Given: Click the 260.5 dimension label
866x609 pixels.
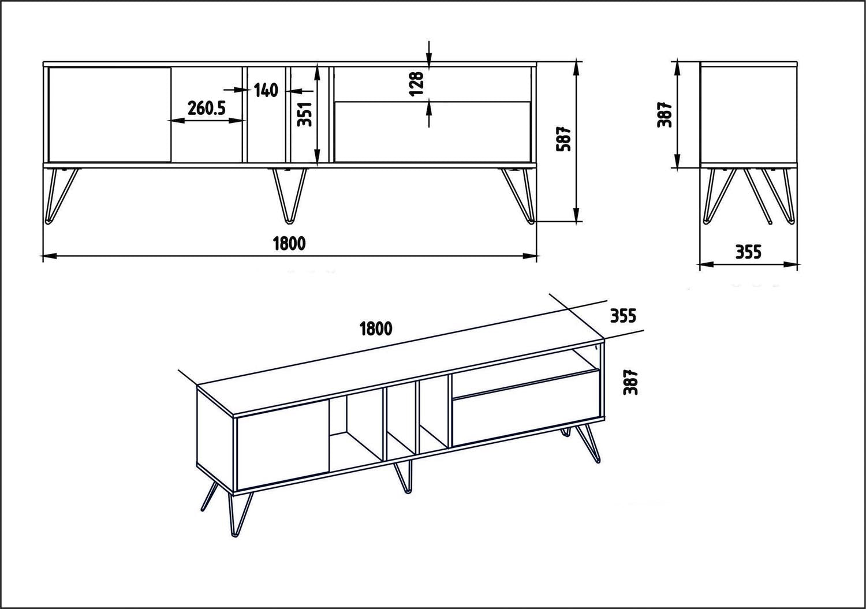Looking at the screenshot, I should [x=206, y=107].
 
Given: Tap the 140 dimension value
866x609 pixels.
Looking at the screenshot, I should [x=266, y=90].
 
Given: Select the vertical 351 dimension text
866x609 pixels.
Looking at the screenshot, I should [x=307, y=114].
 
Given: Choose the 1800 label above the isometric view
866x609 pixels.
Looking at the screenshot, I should [x=376, y=329].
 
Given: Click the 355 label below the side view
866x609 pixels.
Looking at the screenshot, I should [x=748, y=252].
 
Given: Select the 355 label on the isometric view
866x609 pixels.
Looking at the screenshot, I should [x=623, y=316].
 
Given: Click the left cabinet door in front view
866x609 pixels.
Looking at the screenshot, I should [x=110, y=114].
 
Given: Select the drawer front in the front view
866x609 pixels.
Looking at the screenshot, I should [x=432, y=132].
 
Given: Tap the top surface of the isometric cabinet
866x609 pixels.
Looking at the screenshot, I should [x=398, y=369].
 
